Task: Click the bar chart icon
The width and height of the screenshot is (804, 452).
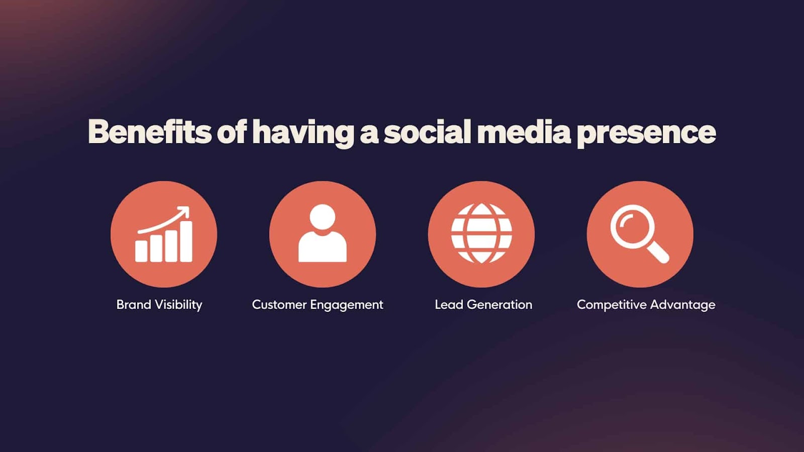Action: (164, 234)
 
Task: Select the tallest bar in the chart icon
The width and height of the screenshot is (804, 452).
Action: (186, 242)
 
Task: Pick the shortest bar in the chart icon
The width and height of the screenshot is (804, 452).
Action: (141, 251)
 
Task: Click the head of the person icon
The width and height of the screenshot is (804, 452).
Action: (322, 216)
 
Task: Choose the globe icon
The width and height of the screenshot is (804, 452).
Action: (481, 234)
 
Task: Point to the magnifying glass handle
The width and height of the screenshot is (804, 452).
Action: (658, 253)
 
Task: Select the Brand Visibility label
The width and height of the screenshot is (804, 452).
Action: (159, 305)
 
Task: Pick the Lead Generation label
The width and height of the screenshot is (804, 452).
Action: (483, 304)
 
